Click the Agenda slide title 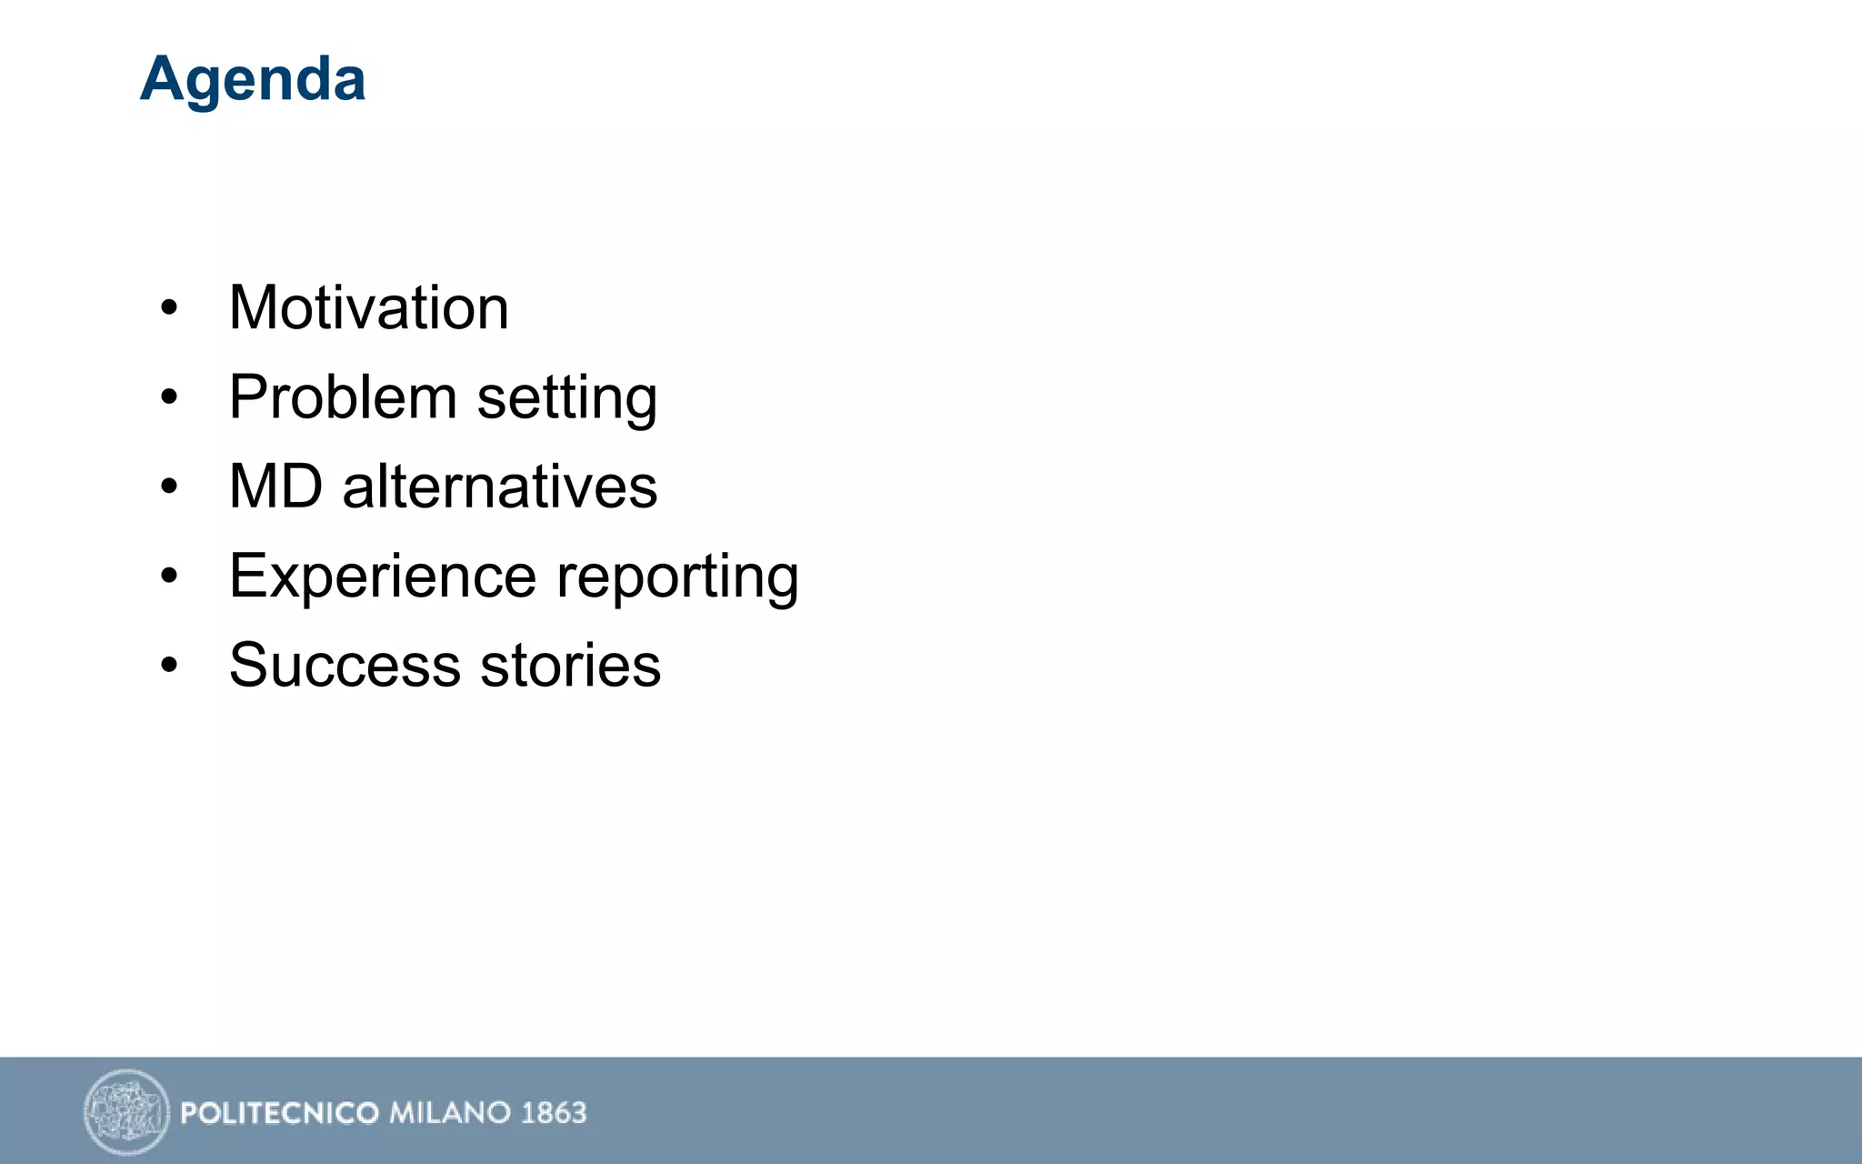(x=253, y=80)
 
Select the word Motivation (x=368, y=307)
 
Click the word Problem (x=342, y=397)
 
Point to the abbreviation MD (x=275, y=487)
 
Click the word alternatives (x=499, y=487)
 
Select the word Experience (x=382, y=577)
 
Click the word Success (x=345, y=665)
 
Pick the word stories (x=570, y=665)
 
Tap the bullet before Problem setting (x=169, y=397)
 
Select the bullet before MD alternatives (x=169, y=487)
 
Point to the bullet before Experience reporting (x=169, y=576)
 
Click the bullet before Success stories (x=169, y=665)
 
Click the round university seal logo (x=126, y=1111)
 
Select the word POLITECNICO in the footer (x=279, y=1113)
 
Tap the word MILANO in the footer (x=449, y=1113)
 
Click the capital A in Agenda (x=163, y=78)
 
